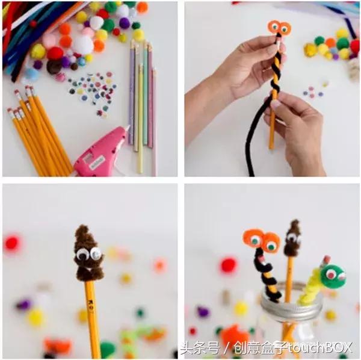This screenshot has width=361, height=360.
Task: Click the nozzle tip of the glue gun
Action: point(129,126)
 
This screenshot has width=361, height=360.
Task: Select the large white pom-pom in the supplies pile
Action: point(83,45)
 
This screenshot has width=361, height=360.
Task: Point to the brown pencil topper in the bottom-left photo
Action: point(89,254)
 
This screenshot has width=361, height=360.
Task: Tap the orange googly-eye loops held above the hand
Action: point(279,28)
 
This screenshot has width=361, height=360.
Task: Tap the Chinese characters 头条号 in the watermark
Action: point(199,347)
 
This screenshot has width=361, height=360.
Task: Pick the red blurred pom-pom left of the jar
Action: point(229,265)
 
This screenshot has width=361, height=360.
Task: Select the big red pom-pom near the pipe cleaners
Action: point(55,54)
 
